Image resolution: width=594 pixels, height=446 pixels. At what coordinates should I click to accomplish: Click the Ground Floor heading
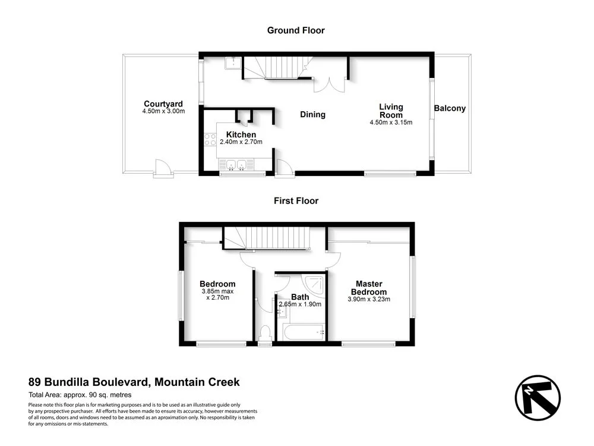[296, 30]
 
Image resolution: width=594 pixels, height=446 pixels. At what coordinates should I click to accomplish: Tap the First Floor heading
[296, 201]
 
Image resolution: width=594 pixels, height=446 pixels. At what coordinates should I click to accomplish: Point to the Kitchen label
[241, 135]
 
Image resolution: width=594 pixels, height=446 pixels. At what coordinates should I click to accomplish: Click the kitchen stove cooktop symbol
[210, 140]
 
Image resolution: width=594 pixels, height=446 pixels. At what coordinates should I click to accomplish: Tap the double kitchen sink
[236, 165]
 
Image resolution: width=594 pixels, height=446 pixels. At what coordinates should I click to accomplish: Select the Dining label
[312, 115]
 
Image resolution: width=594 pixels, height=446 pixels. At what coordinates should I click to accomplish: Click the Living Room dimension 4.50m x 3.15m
[391, 123]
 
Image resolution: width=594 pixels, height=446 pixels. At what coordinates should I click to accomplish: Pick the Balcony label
[450, 109]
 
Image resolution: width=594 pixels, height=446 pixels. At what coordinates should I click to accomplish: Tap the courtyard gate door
[162, 169]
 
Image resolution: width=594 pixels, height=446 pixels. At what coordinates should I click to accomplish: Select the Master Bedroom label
[368, 288]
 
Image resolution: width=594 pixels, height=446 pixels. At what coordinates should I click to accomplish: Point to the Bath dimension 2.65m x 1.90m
[300, 304]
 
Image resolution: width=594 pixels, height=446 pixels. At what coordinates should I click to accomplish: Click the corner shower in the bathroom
[314, 284]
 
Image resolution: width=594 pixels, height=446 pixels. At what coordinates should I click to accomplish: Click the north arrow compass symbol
[538, 398]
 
